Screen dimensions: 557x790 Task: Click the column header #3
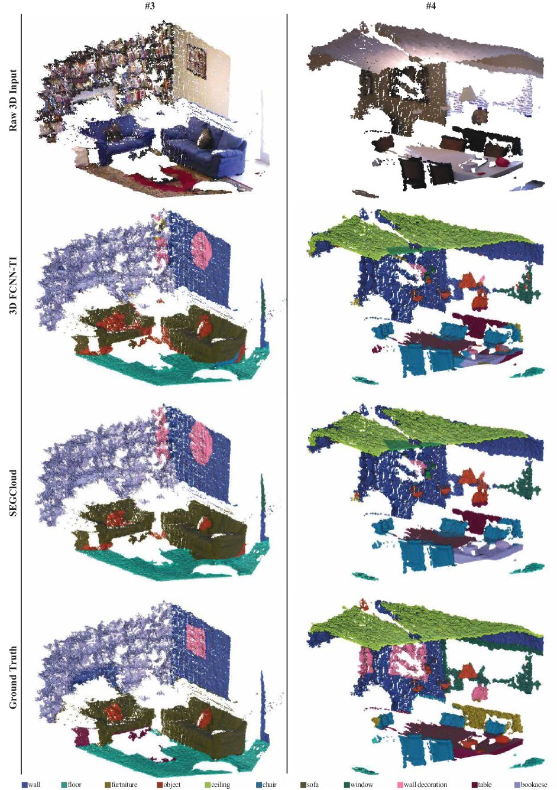point(150,6)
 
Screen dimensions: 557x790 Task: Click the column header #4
point(430,6)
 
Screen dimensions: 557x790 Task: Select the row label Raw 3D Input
point(13,100)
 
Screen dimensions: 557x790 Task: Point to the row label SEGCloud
point(13,492)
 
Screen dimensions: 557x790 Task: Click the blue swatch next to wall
point(24,784)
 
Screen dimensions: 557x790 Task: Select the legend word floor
point(75,784)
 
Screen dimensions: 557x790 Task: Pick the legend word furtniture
point(124,784)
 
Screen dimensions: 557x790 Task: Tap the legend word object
point(172,784)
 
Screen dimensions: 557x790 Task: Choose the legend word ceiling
point(221,784)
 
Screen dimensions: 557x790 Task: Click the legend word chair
point(269,784)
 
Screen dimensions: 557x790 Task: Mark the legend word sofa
point(312,784)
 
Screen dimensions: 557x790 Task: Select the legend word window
point(361,784)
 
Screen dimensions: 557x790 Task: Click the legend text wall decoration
point(425,784)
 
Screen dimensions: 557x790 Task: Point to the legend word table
point(485,784)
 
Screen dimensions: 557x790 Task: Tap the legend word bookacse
point(534,784)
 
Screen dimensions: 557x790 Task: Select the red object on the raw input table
point(502,162)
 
